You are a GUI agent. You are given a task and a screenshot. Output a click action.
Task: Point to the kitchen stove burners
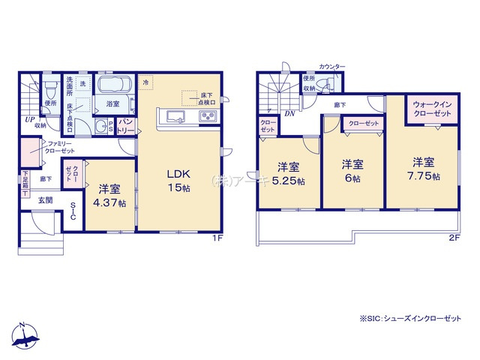pos(207,116)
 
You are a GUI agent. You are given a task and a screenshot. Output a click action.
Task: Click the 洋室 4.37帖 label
pos(110,196)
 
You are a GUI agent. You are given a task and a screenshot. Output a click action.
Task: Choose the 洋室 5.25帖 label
pos(289,174)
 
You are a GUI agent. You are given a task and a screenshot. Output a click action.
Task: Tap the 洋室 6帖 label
pos(353,172)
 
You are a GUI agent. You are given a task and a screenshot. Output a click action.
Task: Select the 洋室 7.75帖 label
pos(423,169)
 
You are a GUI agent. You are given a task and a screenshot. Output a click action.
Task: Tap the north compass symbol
pos(24,336)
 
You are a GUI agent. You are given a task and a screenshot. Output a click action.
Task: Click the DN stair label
pos(289,113)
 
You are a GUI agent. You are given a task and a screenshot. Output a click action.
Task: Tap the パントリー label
pos(126,124)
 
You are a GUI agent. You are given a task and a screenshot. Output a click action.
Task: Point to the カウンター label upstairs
pos(331,67)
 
